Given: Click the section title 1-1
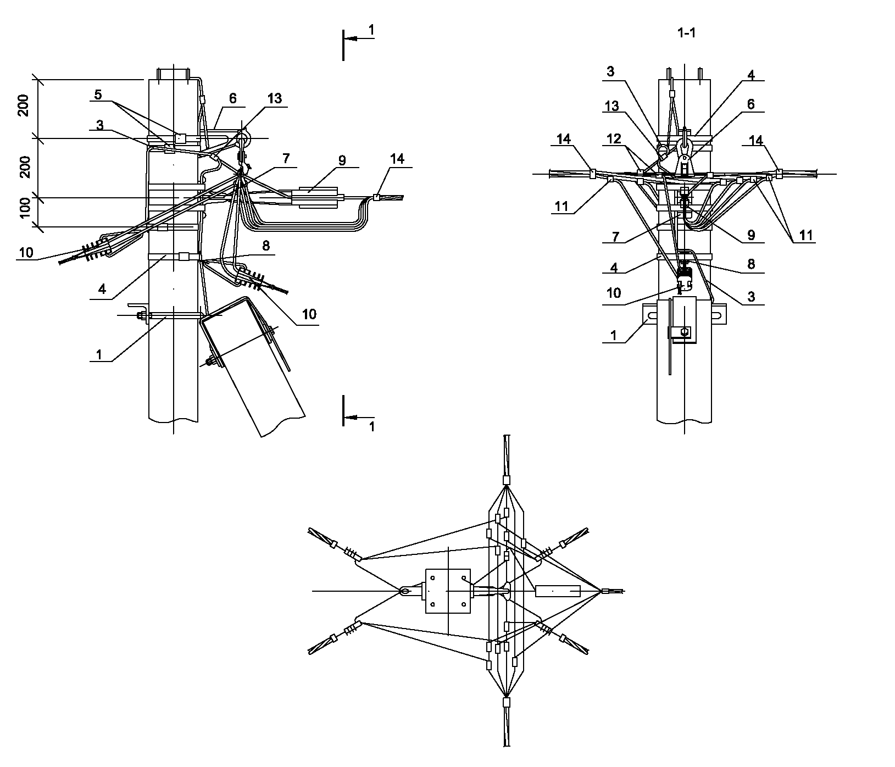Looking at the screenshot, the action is tap(687, 33).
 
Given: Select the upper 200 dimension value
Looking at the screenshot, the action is tap(25, 105).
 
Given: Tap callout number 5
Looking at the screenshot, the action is tap(98, 95).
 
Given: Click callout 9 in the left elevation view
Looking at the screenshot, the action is tap(342, 160).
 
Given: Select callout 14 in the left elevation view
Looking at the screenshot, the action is tap(397, 159).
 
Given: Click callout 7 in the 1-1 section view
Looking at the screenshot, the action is tap(616, 237).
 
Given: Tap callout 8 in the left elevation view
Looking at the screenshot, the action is tap(266, 246).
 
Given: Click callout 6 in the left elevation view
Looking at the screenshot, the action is tap(233, 98).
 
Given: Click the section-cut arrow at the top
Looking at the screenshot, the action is tap(359, 38).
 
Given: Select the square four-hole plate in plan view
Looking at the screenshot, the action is tap(448, 591).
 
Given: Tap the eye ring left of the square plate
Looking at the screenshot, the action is tap(405, 591).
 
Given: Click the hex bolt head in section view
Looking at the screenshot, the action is tap(685, 332).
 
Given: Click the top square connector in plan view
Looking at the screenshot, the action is tap(507, 480).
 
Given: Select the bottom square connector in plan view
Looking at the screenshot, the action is tap(507, 702).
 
